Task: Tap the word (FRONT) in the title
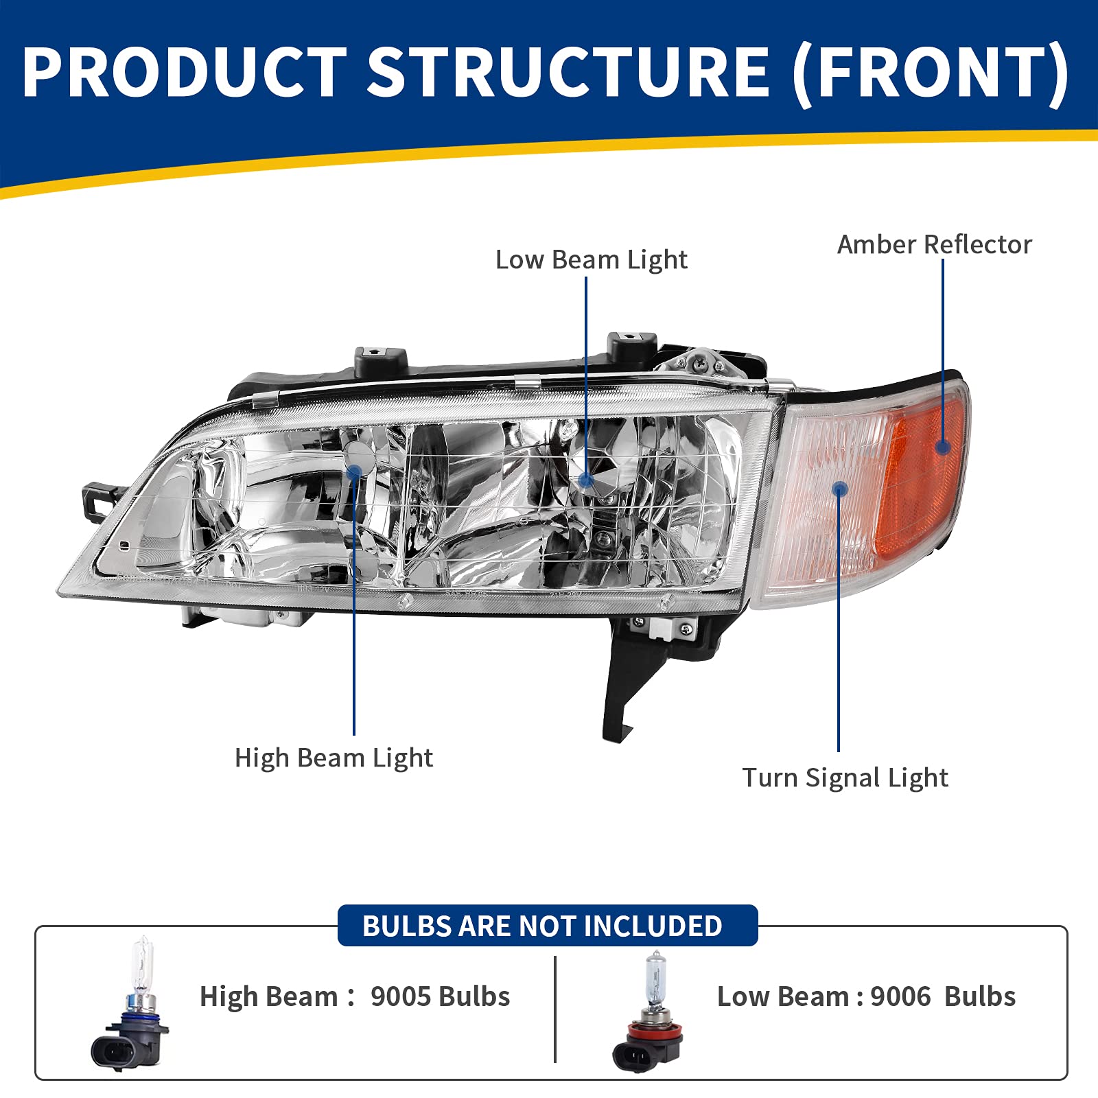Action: [930, 72]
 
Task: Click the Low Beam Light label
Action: [591, 260]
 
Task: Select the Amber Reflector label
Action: [934, 245]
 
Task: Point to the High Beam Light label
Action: [334, 758]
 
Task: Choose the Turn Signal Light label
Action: [845, 778]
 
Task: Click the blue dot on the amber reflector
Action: [943, 447]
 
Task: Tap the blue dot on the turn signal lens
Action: [839, 489]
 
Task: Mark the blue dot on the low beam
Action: [586, 480]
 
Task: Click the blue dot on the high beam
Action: [355, 472]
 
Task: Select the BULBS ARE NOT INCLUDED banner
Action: [548, 926]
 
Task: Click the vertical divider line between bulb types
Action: [554, 1009]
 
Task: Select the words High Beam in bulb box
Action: [268, 996]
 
